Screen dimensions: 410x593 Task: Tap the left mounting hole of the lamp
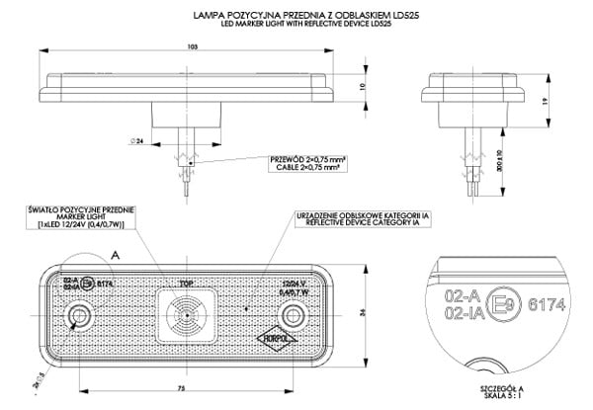point(77,316)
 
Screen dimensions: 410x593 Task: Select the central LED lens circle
point(185,317)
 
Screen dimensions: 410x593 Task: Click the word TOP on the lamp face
point(186,283)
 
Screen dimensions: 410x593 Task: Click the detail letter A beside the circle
point(116,254)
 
